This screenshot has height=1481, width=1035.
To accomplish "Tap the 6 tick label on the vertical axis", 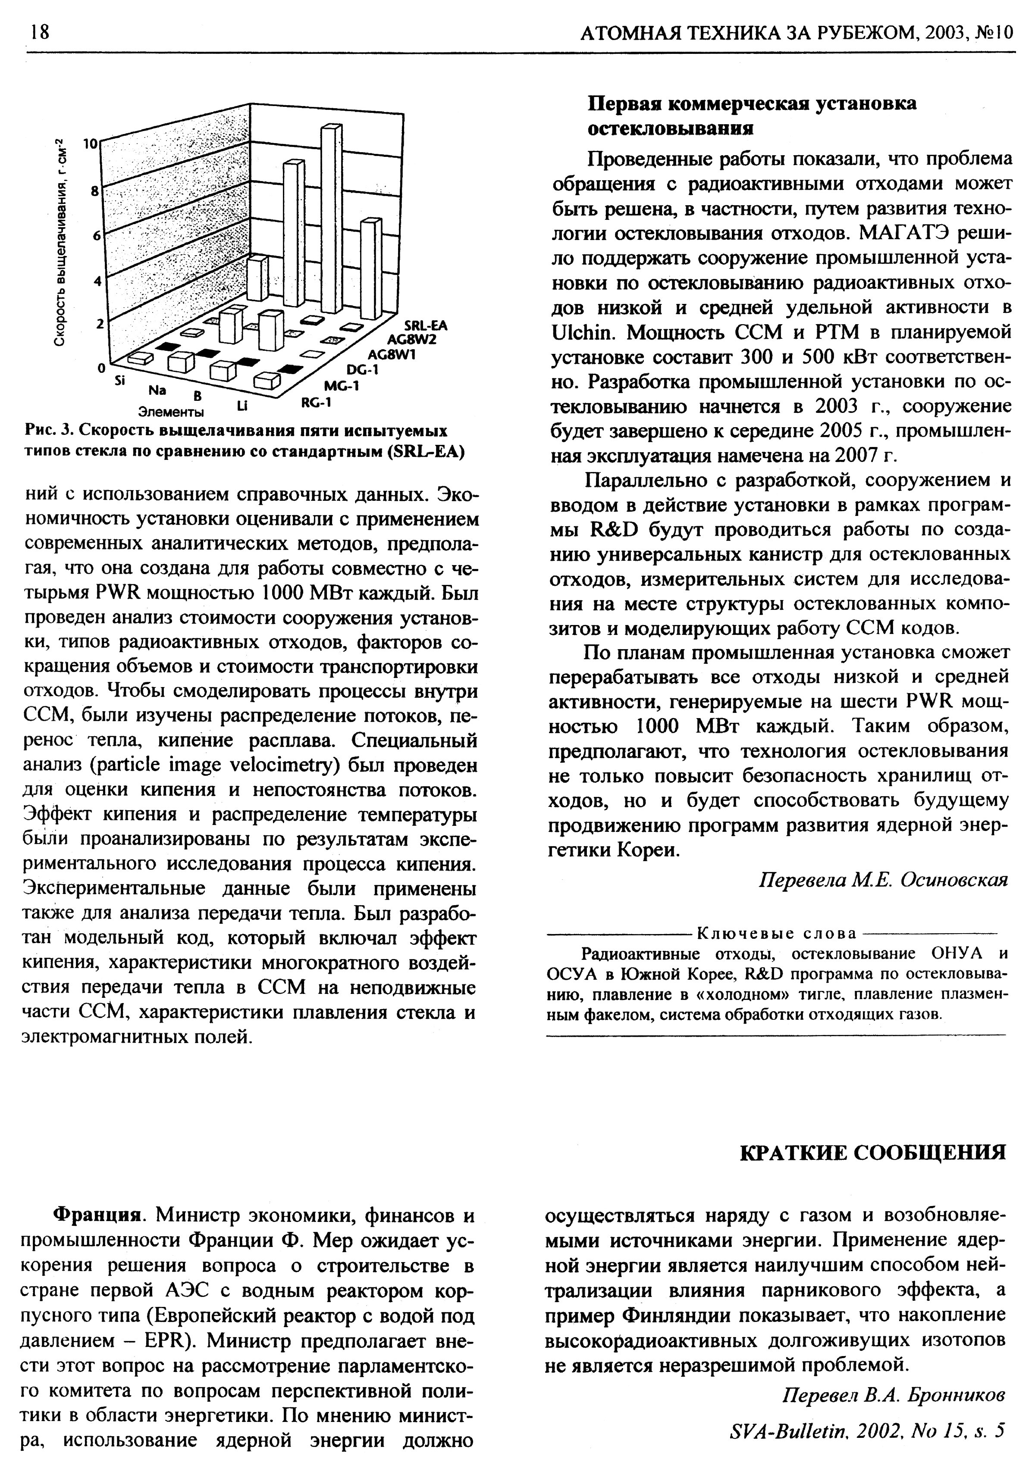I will [96, 236].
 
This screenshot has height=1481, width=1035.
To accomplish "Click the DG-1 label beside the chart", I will [363, 370].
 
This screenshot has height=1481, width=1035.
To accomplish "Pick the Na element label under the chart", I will [157, 390].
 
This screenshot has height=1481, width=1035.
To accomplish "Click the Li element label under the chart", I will [241, 406].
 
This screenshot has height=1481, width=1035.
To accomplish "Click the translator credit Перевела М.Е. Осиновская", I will [882, 880].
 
